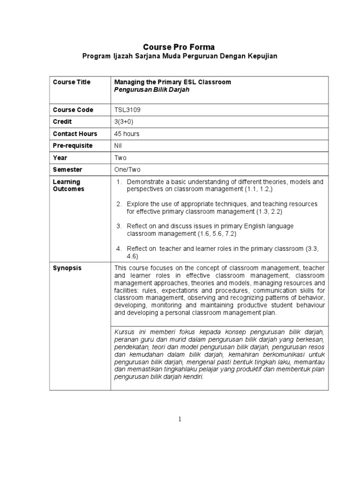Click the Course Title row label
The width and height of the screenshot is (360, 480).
72,82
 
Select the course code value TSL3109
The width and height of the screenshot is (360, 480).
127,110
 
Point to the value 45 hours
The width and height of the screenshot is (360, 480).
127,134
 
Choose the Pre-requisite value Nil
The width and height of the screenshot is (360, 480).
119,146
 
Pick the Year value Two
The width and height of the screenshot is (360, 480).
120,158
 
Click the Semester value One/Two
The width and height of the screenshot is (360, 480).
127,170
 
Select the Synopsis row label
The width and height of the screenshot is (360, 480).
67,268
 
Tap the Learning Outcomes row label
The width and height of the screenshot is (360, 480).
67,185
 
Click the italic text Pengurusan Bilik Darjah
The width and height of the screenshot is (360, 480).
152,90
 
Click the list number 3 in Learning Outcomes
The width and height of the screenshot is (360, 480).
119,226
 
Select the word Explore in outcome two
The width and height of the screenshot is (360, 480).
137,204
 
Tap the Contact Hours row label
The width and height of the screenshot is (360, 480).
75,134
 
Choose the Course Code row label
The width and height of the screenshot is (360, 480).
73,110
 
